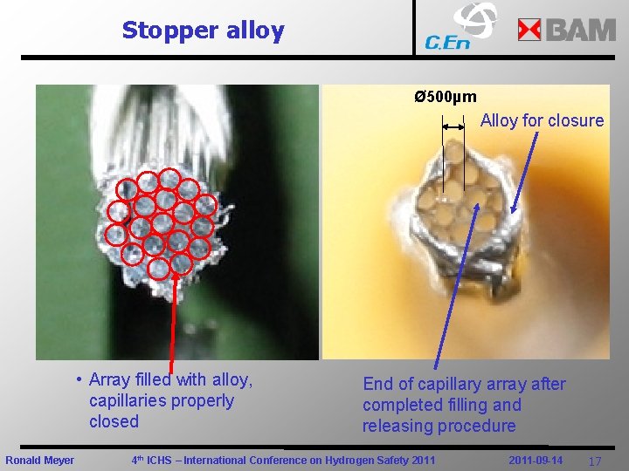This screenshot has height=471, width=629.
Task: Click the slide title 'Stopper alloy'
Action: (x=203, y=31)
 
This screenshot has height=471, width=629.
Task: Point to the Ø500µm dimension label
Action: (x=446, y=97)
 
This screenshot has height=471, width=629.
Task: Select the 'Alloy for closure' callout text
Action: (x=542, y=120)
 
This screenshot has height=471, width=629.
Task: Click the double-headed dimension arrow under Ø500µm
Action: (x=453, y=126)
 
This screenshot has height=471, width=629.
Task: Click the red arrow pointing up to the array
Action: (x=171, y=323)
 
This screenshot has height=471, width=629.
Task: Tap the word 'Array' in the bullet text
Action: (x=110, y=379)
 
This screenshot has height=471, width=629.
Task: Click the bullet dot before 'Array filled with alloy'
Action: (x=79, y=379)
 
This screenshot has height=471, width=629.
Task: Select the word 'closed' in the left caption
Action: (x=114, y=421)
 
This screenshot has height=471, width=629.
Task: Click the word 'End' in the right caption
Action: (x=378, y=384)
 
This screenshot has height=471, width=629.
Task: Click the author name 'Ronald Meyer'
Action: (x=40, y=460)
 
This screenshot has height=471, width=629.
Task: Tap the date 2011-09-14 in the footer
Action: (x=536, y=460)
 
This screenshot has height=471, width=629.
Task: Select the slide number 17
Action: (x=595, y=461)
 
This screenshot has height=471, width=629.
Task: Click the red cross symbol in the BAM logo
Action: (x=529, y=31)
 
